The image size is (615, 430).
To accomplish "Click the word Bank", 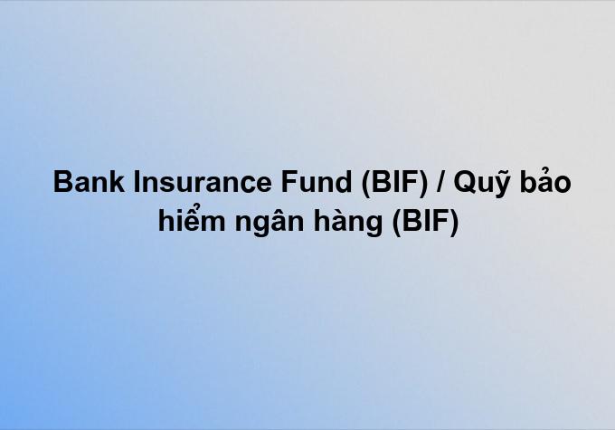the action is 89,182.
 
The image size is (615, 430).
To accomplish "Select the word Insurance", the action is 203,182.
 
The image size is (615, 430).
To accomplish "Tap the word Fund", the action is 317,182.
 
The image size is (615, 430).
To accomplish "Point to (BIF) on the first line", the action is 394,183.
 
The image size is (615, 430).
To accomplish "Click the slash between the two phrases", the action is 440,182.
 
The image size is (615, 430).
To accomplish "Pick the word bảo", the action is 545,181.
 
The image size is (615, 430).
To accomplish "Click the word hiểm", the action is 192,219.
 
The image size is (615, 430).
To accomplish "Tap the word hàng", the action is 348,222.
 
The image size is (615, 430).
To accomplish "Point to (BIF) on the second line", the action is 426,222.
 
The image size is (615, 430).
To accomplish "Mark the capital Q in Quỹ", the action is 466,183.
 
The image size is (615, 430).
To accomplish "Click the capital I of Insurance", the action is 137,182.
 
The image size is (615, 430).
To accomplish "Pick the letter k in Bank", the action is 117,182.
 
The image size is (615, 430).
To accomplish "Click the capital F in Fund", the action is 289,182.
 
